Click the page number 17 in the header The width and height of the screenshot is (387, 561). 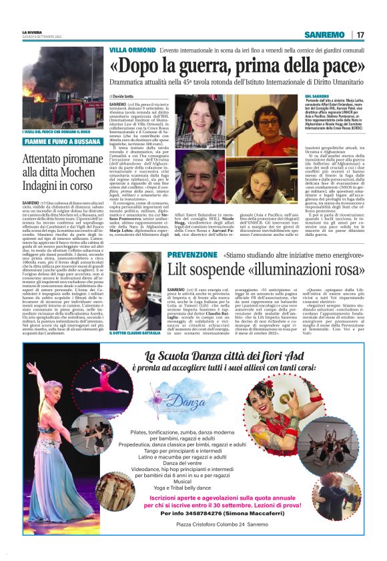tap(360, 35)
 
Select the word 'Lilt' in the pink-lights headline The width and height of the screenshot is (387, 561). tap(184, 270)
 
